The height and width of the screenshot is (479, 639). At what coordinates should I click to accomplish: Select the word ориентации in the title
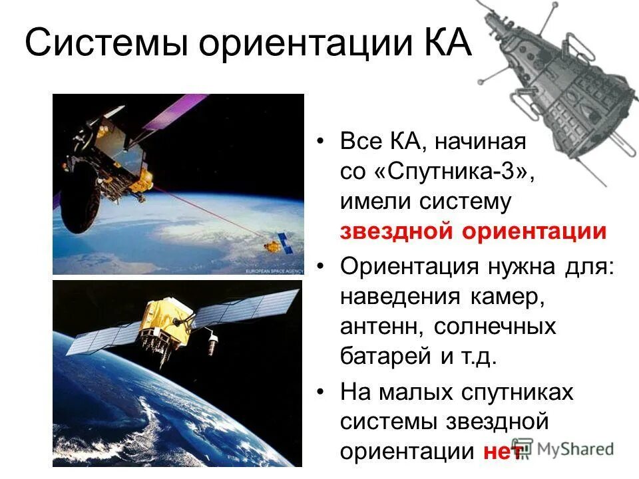click(x=303, y=45)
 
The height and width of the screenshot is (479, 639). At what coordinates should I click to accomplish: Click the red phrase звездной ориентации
click(x=473, y=232)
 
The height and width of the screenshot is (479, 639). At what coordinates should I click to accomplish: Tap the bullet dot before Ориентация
click(x=321, y=266)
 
